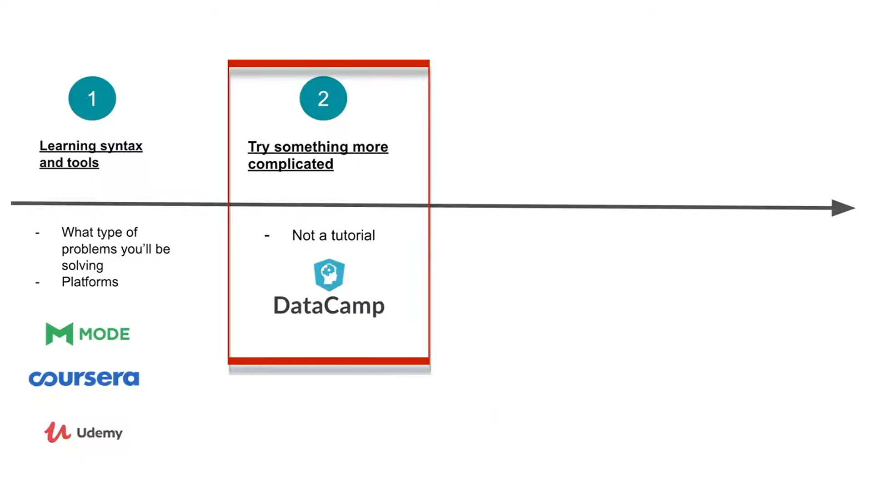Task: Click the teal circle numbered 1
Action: point(92,98)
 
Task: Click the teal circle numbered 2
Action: point(323,98)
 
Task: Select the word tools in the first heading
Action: point(83,163)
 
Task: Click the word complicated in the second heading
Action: point(291,164)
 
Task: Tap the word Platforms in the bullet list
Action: point(90,282)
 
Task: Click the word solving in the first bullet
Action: point(82,265)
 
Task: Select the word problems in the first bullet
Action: point(84,249)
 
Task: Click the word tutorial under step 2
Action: point(353,235)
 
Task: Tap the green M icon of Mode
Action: point(59,334)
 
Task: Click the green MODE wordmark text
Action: point(104,334)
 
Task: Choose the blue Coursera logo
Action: point(84,378)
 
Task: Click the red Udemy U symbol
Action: point(57,432)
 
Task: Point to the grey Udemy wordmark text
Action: point(100,433)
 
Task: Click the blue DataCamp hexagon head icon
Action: point(329,274)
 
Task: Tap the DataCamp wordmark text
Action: point(329,305)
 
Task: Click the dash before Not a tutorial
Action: point(267,235)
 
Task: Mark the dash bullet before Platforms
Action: point(37,282)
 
